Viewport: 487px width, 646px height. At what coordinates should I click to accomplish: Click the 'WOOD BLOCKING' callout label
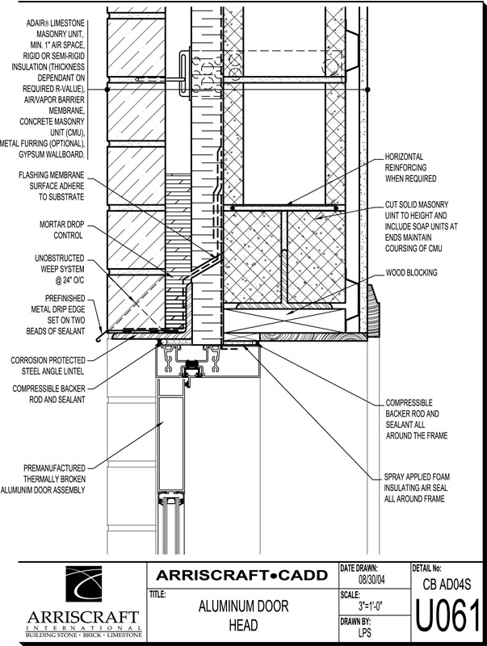[x=411, y=273]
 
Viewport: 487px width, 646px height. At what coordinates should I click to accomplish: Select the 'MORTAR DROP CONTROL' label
[x=61, y=230]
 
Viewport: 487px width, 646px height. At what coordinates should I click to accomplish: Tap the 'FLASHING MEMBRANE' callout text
[x=51, y=187]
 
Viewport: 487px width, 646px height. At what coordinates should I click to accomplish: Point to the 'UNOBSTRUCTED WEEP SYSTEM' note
[x=59, y=270]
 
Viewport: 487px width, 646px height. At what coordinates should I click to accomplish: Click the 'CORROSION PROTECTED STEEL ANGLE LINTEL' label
[x=48, y=366]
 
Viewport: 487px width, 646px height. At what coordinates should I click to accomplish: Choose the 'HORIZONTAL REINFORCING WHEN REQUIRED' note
[x=410, y=168]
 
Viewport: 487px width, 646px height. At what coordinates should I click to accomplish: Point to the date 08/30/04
[x=372, y=580]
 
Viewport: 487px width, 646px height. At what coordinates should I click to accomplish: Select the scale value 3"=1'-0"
[x=372, y=606]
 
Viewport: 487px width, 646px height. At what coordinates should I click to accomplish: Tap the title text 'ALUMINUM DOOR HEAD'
[x=244, y=615]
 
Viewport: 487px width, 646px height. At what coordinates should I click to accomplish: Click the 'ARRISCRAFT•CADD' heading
[x=241, y=575]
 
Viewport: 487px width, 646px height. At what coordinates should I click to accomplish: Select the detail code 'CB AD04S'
[x=447, y=584]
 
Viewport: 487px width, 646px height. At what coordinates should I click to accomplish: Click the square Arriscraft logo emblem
[x=84, y=584]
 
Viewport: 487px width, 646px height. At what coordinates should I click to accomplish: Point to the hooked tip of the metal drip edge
[x=98, y=339]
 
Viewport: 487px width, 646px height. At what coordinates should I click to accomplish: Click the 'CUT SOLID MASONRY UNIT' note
[x=421, y=227]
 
